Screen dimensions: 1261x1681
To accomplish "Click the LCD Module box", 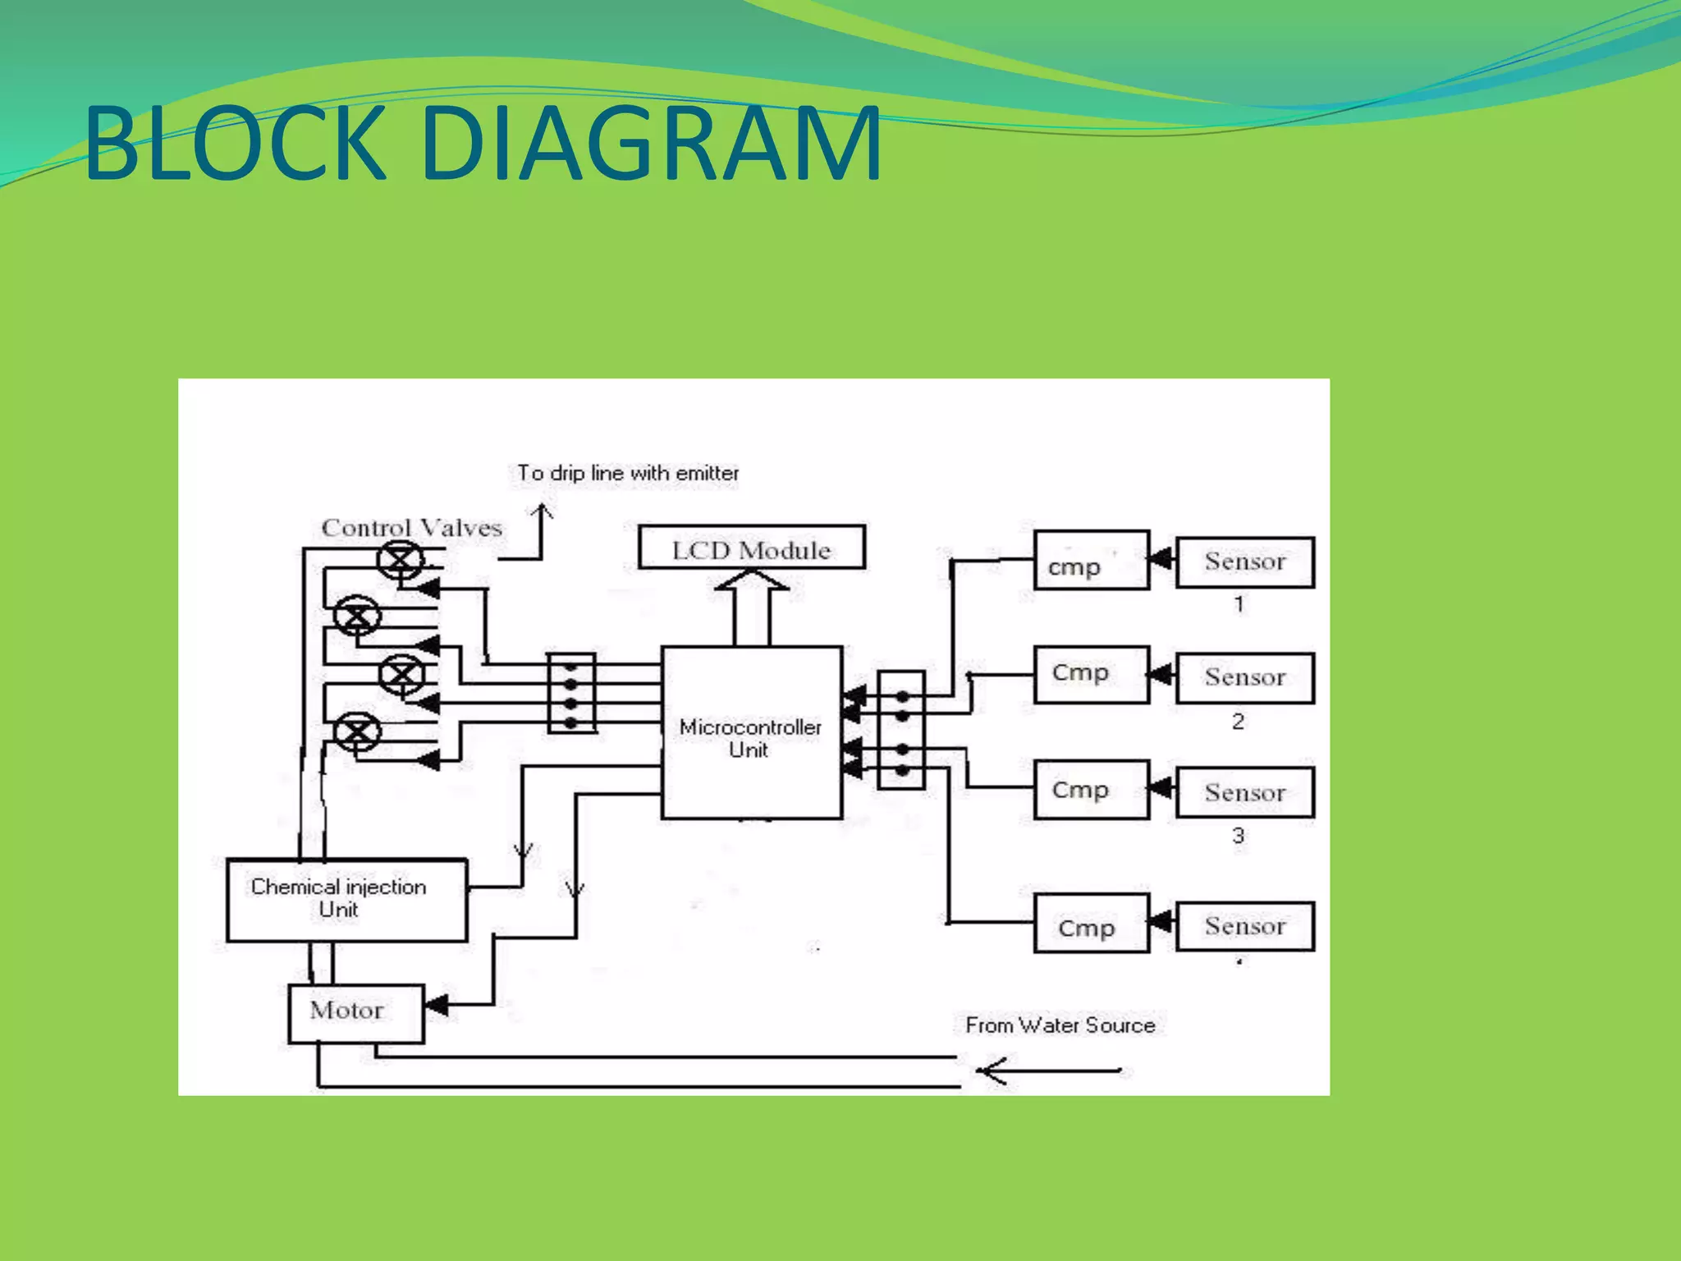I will coord(751,548).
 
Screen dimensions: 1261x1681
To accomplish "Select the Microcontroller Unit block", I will coord(751,733).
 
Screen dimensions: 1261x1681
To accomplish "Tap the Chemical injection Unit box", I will coord(346,900).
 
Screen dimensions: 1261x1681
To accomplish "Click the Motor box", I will coord(355,1013).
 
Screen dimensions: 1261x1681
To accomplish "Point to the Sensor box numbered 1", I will coord(1244,562).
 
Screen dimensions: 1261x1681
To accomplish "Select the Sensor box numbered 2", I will coord(1244,678).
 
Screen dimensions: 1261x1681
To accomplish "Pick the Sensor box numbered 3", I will coord(1244,793).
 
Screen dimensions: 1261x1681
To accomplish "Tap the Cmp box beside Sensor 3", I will coord(1091,790).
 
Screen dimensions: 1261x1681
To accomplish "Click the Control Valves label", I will coord(411,528).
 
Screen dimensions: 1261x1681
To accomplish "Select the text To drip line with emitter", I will coord(628,474).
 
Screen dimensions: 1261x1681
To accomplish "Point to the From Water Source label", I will coord(1060,1025).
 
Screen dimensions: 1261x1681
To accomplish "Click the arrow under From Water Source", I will coord(1047,1071).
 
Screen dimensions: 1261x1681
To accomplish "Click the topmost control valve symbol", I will coord(401,562).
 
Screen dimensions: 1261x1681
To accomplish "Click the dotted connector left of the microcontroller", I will coord(571,693).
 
